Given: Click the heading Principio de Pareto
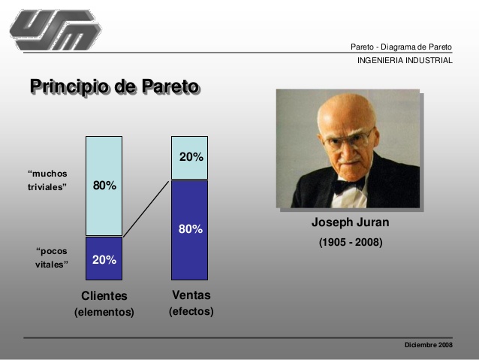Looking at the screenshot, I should tap(114, 87).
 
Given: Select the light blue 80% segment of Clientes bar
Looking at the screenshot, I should tap(104, 186).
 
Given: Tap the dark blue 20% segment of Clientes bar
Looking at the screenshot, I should tap(104, 259).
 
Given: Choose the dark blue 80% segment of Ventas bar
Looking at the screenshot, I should tap(190, 229).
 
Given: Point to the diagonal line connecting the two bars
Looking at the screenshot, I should tap(147, 208).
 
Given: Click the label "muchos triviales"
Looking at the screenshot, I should tap(47, 180).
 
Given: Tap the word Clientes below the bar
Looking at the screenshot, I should tap(104, 296).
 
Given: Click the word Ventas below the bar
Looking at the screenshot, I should tap(191, 295).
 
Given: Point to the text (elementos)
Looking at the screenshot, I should tap(104, 312).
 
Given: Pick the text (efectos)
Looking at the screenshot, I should tap(191, 311).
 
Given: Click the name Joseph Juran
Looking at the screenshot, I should tap(350, 223).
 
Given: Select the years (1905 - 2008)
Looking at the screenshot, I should tap(351, 242).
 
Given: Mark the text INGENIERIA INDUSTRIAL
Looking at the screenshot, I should tap(405, 60).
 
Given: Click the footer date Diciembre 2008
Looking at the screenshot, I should tap(428, 344).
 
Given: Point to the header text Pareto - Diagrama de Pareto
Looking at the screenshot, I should tap(401, 47).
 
